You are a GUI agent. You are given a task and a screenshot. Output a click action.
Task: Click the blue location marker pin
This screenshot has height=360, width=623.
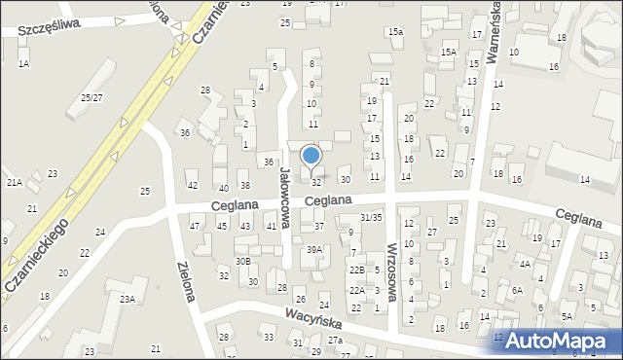[x=311, y=156]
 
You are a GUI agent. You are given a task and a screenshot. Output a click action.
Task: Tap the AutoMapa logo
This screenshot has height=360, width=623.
[x=560, y=340]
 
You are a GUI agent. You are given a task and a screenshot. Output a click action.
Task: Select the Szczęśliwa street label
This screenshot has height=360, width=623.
[x=47, y=30]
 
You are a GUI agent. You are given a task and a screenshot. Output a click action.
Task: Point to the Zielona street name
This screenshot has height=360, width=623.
[x=187, y=279]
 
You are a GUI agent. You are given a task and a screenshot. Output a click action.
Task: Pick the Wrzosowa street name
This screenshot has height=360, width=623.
[x=393, y=273]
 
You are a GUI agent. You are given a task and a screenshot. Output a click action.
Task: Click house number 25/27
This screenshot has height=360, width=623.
[x=92, y=97]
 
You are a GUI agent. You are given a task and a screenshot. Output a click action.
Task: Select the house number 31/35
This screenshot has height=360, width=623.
[x=370, y=217]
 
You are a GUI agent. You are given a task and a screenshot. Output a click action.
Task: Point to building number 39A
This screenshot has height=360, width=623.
[x=313, y=250]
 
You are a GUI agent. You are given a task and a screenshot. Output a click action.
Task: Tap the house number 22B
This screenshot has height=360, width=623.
[x=357, y=270]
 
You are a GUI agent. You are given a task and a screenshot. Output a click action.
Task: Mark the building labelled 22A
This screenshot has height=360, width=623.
[x=357, y=290]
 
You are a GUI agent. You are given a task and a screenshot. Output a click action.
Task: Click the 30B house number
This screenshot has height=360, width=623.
[x=242, y=261]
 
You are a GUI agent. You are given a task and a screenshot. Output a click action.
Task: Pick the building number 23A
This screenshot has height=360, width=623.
[x=128, y=299]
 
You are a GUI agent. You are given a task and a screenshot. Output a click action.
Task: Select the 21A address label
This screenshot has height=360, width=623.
[x=14, y=182]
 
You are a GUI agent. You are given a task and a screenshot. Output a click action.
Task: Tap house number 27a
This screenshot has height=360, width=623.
[x=335, y=340]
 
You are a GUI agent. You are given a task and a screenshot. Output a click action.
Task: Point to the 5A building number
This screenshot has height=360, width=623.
[x=567, y=316]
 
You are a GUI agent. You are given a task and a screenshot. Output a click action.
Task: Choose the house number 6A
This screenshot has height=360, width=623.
[x=517, y=290]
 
